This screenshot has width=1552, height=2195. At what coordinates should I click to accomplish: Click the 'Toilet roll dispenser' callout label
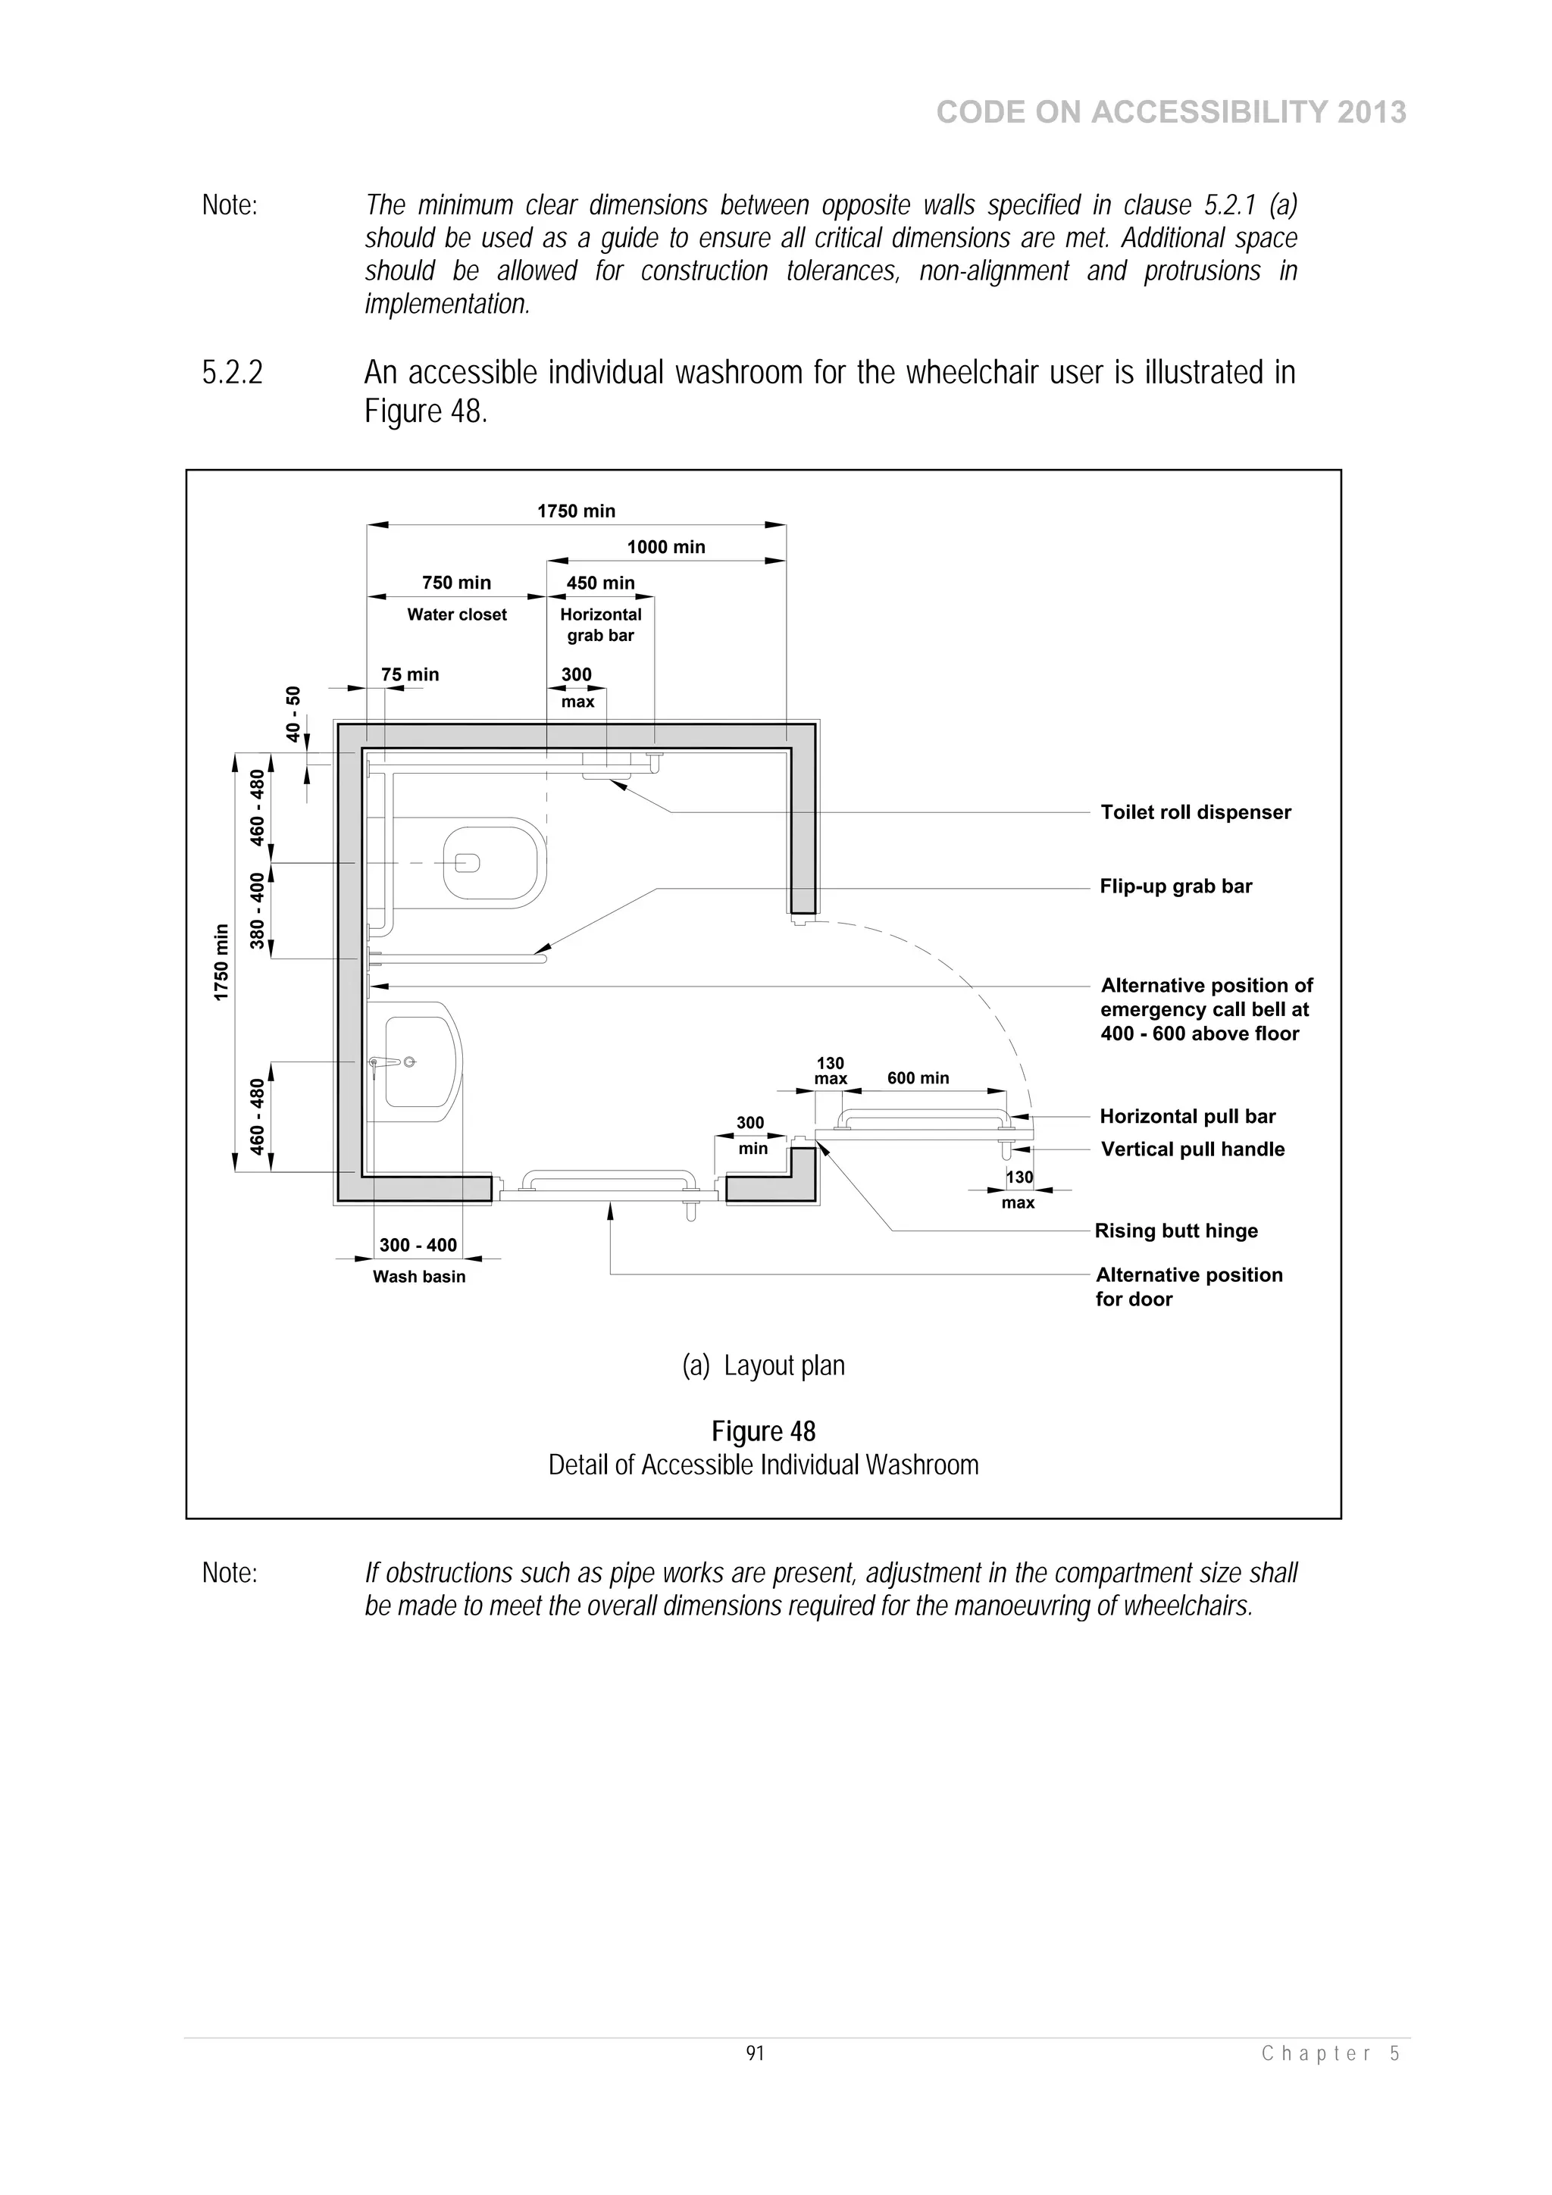(x=1195, y=811)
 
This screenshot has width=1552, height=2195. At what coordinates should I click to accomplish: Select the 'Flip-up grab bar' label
(x=1175, y=886)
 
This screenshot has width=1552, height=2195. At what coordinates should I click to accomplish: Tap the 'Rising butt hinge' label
(x=1175, y=1230)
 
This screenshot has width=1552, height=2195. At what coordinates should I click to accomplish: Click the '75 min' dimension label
(x=409, y=674)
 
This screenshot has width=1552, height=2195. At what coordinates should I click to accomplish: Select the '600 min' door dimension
(x=918, y=1077)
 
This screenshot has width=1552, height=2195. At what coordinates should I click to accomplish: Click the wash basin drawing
(x=421, y=1062)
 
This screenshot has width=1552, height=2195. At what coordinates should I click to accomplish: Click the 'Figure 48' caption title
(x=763, y=1431)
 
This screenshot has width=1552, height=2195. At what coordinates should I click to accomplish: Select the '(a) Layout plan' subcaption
(x=763, y=1365)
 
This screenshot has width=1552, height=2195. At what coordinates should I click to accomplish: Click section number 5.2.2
(x=233, y=373)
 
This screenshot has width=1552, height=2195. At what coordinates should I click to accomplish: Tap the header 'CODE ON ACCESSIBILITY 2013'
(x=1171, y=112)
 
